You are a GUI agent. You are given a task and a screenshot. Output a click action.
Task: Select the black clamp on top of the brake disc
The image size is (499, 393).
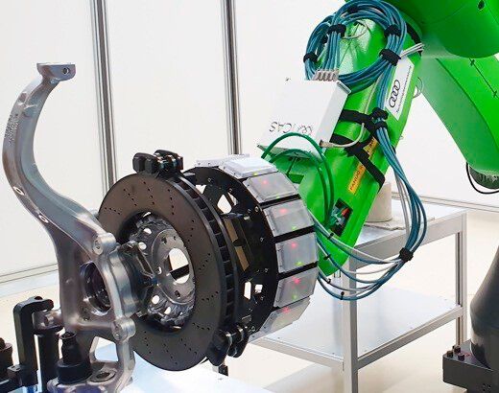(158, 164)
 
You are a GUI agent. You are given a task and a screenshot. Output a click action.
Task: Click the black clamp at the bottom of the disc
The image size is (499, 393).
(230, 338)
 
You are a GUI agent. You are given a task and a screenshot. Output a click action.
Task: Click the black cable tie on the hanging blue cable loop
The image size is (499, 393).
(406, 255)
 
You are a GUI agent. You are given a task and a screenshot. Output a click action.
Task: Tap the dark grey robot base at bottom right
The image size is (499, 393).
(475, 355)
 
